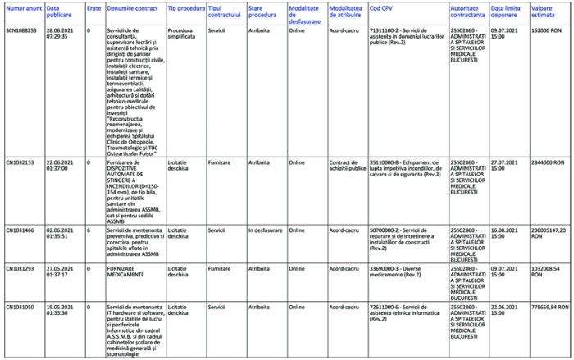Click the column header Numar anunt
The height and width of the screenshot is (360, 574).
tap(23, 8)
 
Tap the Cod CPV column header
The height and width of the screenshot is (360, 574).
tap(380, 8)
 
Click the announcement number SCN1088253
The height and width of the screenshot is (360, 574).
tap(21, 30)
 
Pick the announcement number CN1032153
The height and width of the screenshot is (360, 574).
tap(20, 162)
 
